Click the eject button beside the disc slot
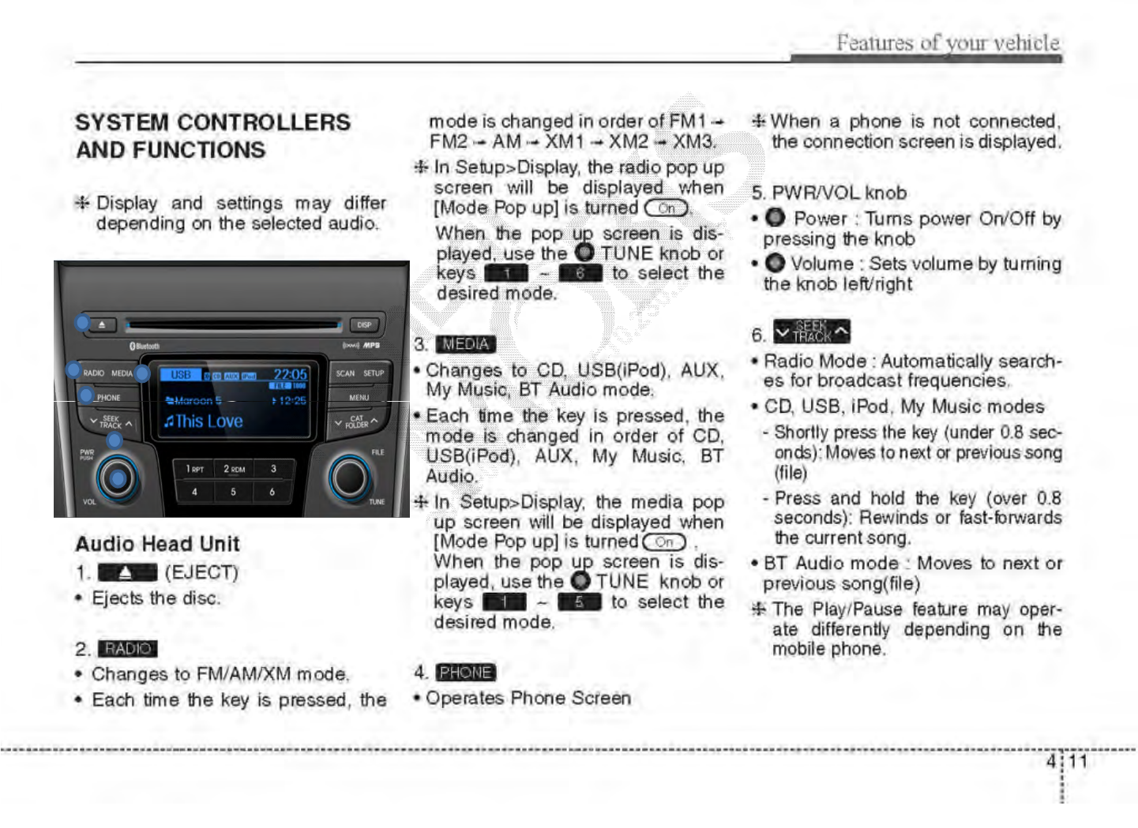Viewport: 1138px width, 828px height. (x=103, y=324)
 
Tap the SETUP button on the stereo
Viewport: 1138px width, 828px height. (x=374, y=373)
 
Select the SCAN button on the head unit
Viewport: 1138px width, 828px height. (x=345, y=373)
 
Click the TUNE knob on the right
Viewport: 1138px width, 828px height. (x=349, y=476)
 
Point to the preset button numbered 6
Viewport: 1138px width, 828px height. (x=272, y=492)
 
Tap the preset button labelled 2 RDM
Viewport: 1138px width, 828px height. (x=234, y=469)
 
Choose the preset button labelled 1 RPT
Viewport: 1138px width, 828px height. (x=194, y=469)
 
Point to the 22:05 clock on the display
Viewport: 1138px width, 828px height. (x=290, y=374)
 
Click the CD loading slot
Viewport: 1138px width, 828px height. (x=233, y=324)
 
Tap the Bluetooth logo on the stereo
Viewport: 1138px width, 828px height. (x=145, y=346)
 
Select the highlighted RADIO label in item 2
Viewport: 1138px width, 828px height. (x=128, y=649)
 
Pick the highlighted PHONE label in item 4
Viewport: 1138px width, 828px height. (x=466, y=673)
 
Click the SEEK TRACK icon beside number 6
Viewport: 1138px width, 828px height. (x=811, y=332)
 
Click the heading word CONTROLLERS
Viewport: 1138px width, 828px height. (x=264, y=122)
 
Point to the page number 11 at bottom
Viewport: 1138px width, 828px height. (x=1078, y=762)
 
